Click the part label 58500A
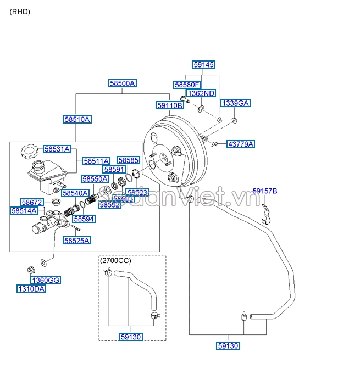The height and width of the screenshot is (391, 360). tap(122, 83)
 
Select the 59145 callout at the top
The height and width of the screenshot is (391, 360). tap(203, 65)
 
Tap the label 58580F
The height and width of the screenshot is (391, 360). tap(187, 85)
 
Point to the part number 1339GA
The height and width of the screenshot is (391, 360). tap(235, 103)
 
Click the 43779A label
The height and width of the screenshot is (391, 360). tap(241, 144)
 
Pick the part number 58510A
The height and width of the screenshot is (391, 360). tap(77, 119)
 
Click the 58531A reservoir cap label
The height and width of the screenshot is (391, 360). tap(57, 149)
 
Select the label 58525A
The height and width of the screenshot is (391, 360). tap(76, 240)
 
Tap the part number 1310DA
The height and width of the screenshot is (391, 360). tap(31, 288)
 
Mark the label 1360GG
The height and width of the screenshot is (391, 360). tap(45, 280)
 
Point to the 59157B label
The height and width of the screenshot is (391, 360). tap(265, 191)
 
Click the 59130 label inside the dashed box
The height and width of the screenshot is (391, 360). tap(130, 337)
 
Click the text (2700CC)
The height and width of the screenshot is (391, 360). tap(114, 261)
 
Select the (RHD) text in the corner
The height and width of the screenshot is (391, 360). tap(19, 12)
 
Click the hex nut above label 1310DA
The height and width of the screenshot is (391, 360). tap(32, 270)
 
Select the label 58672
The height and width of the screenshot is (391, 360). tap(31, 202)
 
